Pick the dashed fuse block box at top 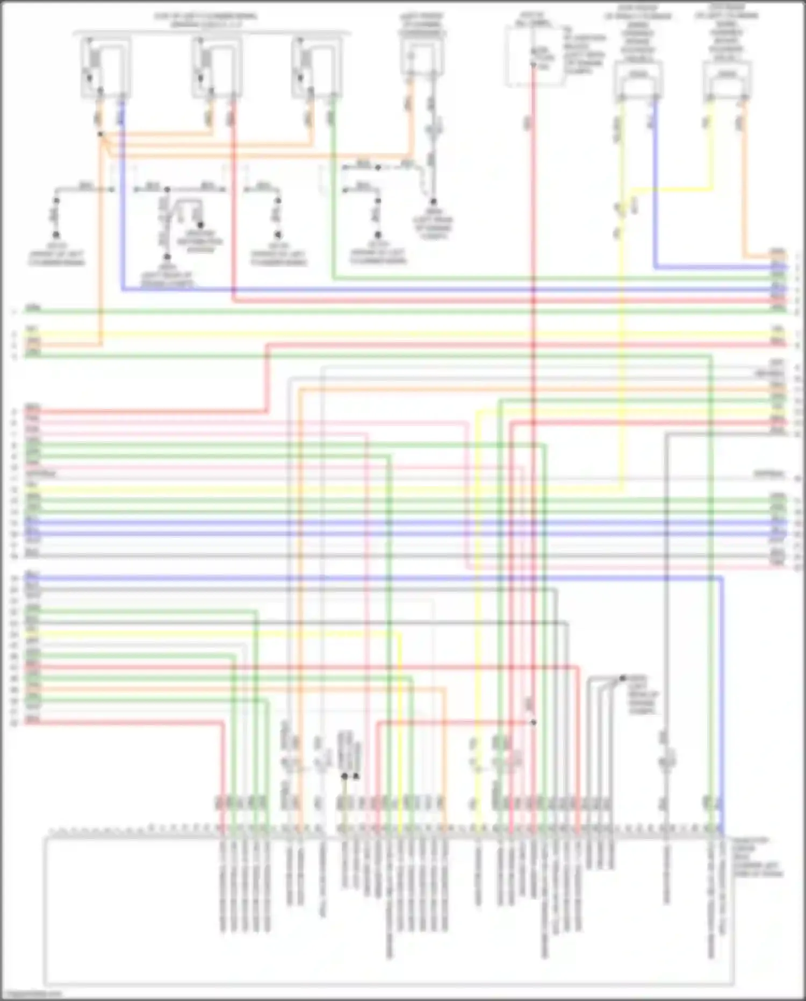tap(533, 56)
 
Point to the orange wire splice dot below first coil tap(100, 134)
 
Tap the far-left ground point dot tap(55, 235)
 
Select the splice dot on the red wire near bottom tap(533, 722)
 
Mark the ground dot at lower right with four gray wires tap(622, 678)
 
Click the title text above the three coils tap(206, 20)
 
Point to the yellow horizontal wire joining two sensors tap(672, 189)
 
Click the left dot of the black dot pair tap(344, 776)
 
